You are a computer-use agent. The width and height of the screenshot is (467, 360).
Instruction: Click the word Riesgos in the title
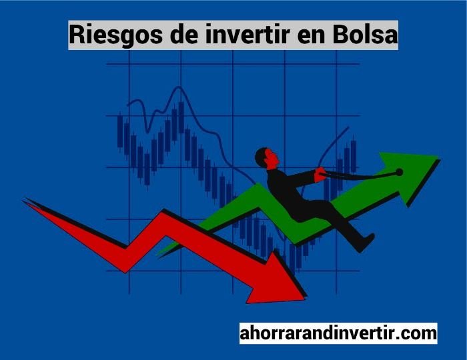(116, 35)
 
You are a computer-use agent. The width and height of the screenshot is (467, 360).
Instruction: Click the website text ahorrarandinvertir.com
(338, 333)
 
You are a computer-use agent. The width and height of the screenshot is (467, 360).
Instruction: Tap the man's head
(267, 158)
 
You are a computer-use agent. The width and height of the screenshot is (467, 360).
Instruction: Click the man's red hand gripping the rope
(320, 175)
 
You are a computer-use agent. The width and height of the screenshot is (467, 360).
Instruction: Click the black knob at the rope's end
(400, 172)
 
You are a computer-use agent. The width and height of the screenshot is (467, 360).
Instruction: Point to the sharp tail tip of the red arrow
(25, 200)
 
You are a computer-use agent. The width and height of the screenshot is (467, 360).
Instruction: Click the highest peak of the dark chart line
(179, 87)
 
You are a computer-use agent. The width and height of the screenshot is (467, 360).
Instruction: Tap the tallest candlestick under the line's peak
(181, 117)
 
